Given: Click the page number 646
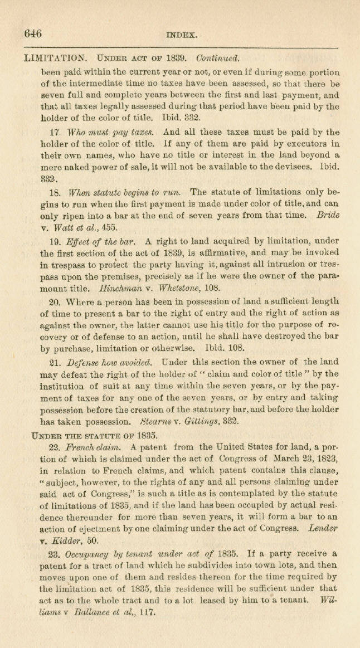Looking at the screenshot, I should [x=33, y=32].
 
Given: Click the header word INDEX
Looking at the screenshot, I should [x=182, y=35].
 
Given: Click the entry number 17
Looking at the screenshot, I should [x=53, y=133].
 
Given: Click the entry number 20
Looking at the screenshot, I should [x=54, y=301].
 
